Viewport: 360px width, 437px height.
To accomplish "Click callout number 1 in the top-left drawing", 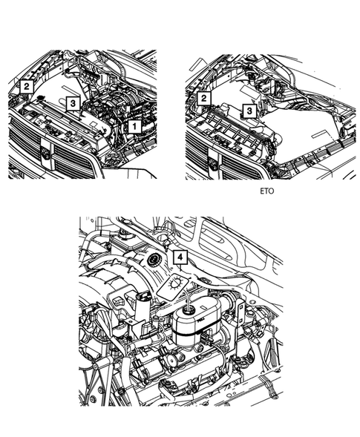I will tap(134, 127).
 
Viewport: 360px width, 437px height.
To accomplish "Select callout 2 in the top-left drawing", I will tap(26, 87).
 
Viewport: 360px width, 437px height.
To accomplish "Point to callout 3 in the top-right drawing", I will tap(250, 111).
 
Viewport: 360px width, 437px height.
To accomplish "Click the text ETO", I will tap(267, 190).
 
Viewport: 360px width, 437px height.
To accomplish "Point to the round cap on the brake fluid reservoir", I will tap(191, 309).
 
